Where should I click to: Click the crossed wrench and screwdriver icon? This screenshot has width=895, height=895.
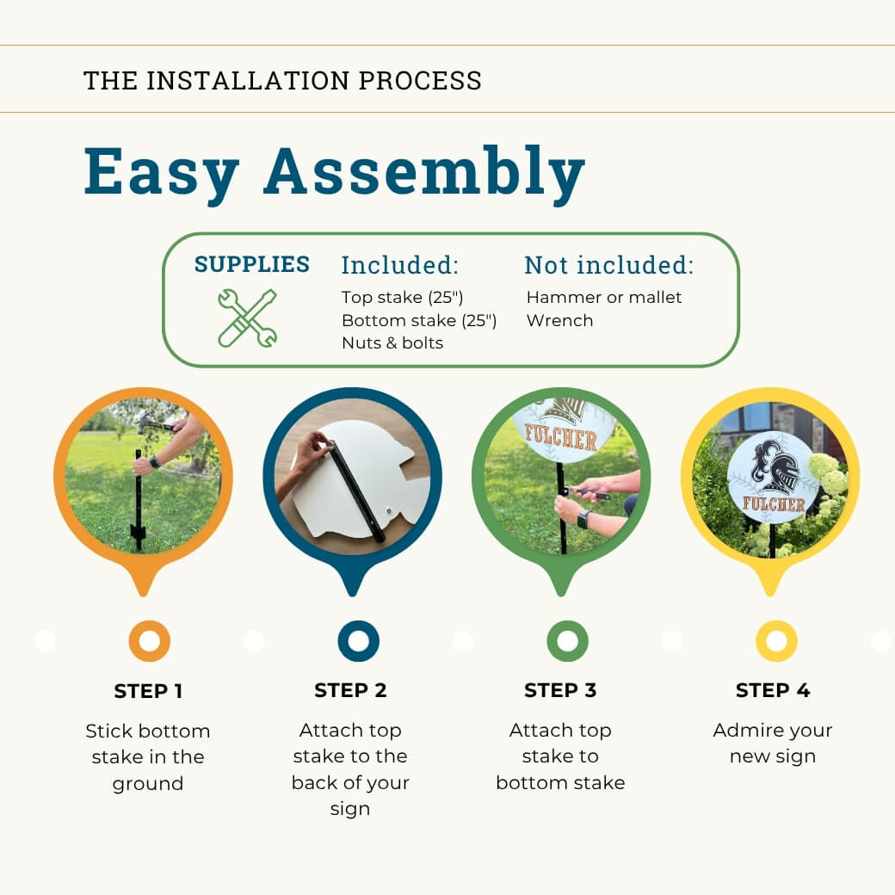click(x=247, y=318)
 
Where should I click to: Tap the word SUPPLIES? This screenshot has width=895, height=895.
click(x=251, y=264)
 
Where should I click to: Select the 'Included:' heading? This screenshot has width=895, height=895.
click(x=399, y=265)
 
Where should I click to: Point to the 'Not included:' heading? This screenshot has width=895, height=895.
click(x=609, y=265)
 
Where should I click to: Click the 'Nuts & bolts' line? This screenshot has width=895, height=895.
click(x=392, y=343)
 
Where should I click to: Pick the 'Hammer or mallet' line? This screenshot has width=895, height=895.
click(x=604, y=298)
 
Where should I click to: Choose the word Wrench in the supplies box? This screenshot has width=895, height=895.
click(x=560, y=321)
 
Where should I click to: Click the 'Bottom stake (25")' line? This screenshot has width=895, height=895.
click(x=419, y=321)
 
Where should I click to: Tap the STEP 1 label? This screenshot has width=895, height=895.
click(x=148, y=691)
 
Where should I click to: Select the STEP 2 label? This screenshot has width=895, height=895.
click(x=350, y=691)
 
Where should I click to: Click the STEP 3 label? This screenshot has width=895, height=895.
click(x=560, y=691)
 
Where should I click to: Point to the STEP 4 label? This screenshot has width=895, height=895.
click(x=773, y=691)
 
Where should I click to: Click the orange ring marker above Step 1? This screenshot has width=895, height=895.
click(x=133, y=641)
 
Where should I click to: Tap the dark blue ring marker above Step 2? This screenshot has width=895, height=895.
click(x=342, y=641)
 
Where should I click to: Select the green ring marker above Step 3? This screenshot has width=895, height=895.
click(x=551, y=641)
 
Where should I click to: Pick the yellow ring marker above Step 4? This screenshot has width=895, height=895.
click(x=760, y=641)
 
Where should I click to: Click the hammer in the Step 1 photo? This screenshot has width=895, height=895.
click(x=155, y=424)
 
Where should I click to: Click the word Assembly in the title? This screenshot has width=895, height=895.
click(x=424, y=172)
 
